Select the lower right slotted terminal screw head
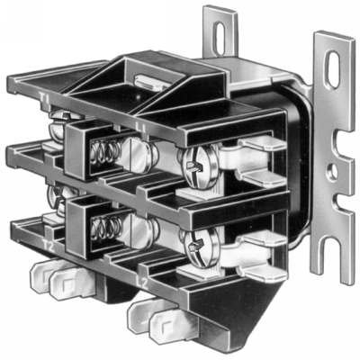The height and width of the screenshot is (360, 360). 195,239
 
